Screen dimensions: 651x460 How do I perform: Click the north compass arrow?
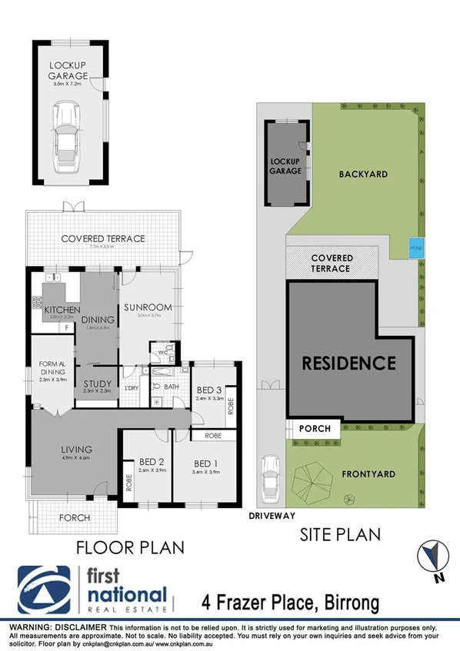[x=433, y=556]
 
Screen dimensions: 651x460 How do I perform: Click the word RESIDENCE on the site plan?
[x=348, y=362]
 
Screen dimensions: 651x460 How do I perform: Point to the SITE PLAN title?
[x=341, y=533]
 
